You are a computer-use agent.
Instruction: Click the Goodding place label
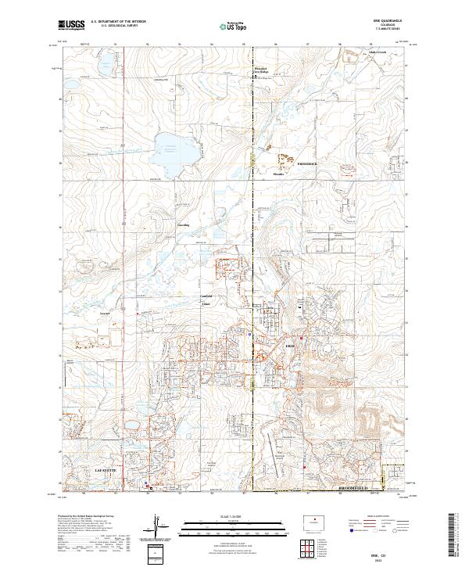(184, 224)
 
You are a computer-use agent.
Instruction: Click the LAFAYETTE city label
(105, 470)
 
